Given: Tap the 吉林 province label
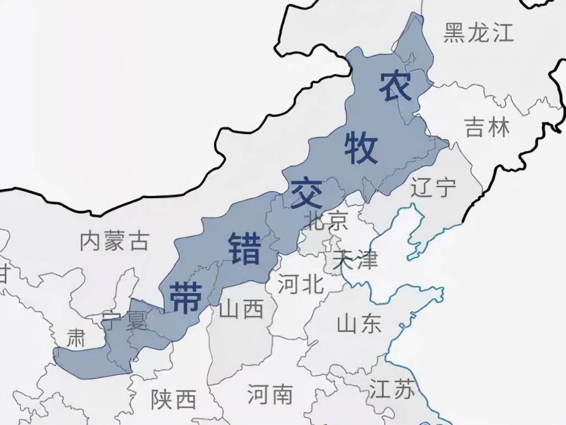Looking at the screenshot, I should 487,128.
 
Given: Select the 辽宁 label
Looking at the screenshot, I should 434,188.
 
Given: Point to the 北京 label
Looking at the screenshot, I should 329,220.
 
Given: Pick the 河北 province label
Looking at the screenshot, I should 301,285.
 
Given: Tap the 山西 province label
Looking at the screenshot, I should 242,310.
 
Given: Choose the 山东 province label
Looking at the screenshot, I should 359,323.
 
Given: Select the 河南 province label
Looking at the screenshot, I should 270,394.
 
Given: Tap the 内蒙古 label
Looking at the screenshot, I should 115,241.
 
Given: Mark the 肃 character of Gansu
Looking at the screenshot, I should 76,338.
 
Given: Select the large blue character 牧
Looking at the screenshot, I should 361,148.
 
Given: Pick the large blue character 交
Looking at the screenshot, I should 306,193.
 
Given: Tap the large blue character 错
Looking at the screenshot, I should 244,248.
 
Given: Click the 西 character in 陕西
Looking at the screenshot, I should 185,399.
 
